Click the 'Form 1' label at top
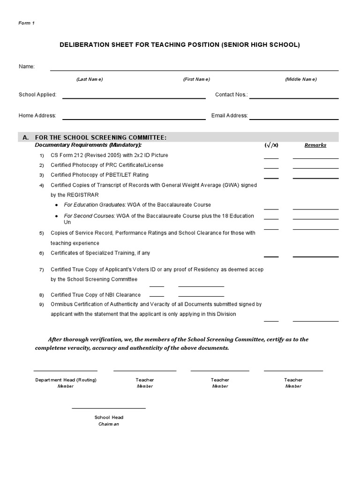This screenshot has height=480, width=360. pyautogui.click(x=27, y=23)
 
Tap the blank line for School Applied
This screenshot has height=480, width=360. pyautogui.click(x=134, y=98)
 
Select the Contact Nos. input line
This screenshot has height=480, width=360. pyautogui.click(x=293, y=97)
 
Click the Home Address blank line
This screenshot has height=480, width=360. pyautogui.click(x=134, y=119)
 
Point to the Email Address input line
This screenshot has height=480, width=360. pyautogui.click(x=293, y=119)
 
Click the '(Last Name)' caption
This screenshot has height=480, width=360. pyautogui.click(x=90, y=79)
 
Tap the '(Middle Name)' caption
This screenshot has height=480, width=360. pyautogui.click(x=300, y=79)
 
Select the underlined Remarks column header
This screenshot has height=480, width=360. pyautogui.click(x=315, y=145)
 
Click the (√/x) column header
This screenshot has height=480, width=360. pyautogui.click(x=271, y=145)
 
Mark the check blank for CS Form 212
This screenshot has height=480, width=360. pyautogui.click(x=271, y=158)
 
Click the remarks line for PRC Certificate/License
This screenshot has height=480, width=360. pyautogui.click(x=315, y=168)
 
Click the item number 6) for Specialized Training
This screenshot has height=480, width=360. pyautogui.click(x=41, y=254)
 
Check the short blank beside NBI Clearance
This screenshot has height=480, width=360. pyautogui.click(x=157, y=296)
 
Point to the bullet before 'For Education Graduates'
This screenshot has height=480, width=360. pyautogui.click(x=57, y=205)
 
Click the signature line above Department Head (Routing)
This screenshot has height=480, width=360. pyautogui.click(x=66, y=370)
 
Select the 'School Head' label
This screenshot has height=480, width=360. pyautogui.click(x=109, y=417)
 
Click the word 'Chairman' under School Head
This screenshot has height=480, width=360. pyautogui.click(x=109, y=424)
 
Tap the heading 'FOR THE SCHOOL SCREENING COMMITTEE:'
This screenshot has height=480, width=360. pyautogui.click(x=101, y=137)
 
